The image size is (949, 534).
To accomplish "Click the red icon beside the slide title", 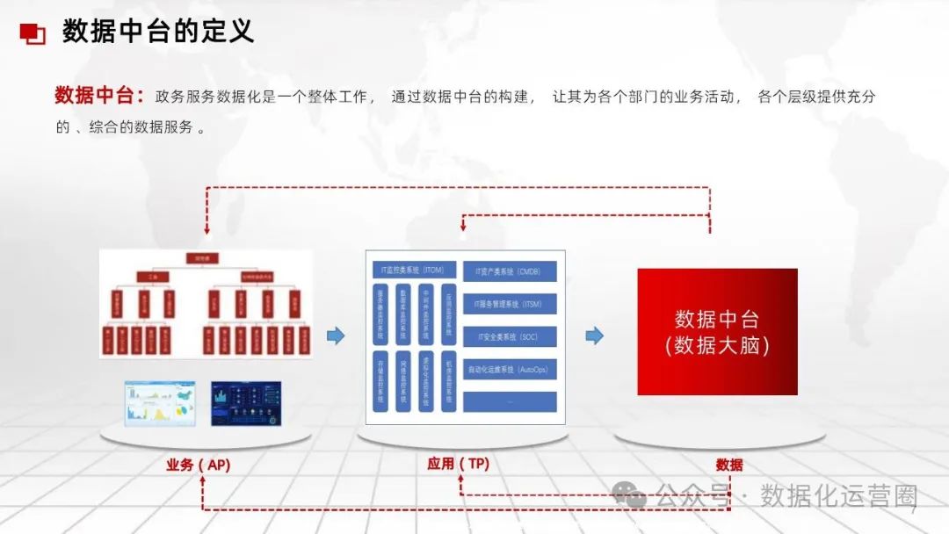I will coord(33,33).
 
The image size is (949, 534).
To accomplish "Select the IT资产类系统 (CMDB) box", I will coord(510,271).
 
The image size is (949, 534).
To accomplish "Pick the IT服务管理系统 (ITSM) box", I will coord(510,304).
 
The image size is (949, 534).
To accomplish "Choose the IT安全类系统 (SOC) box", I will coord(510,336).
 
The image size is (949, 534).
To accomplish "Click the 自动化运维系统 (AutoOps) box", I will coord(510,370).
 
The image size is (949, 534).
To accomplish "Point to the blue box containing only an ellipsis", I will coord(510,401).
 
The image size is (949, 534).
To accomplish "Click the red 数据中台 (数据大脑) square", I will coord(717,331).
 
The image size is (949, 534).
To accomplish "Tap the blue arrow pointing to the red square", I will coord(595,336).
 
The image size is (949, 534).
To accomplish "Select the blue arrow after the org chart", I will coord(336,336).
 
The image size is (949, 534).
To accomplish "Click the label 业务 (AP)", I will coord(198,465).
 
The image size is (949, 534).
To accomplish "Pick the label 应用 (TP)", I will coord(458,464).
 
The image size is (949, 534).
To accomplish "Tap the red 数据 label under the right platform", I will coord(729,465).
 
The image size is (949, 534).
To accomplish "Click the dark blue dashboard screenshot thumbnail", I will coord(246,404).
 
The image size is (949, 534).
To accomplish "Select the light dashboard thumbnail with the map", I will coord(160,404).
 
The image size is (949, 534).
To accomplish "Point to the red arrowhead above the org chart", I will coord(207,229).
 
